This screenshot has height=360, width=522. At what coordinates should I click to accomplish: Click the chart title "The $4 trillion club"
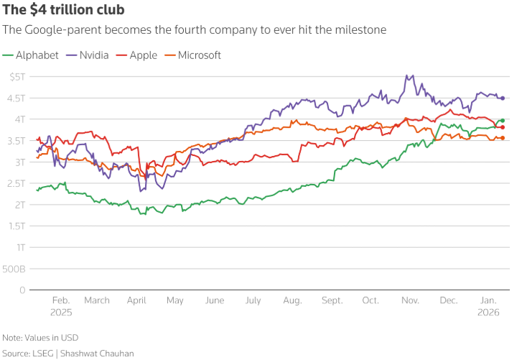(x=63, y=10)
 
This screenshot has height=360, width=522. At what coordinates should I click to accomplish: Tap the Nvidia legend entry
(x=88, y=55)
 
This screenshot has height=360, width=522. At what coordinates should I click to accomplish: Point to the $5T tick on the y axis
(x=17, y=76)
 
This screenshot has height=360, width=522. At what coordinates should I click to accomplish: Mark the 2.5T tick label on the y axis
(x=15, y=183)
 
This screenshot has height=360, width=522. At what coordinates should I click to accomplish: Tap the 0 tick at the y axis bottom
(x=22, y=290)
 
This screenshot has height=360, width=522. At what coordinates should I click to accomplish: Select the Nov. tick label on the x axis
(x=410, y=301)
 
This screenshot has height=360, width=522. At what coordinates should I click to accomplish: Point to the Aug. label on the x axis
(x=292, y=301)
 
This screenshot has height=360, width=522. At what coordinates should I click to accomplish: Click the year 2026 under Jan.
(x=489, y=313)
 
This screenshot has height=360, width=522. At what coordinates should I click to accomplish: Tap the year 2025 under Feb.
(x=61, y=313)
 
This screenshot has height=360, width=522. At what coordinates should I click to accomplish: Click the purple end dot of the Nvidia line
(x=503, y=98)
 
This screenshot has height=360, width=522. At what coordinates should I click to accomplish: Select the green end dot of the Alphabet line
(x=503, y=121)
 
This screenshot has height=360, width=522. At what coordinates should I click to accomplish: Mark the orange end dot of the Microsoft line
(x=503, y=138)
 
